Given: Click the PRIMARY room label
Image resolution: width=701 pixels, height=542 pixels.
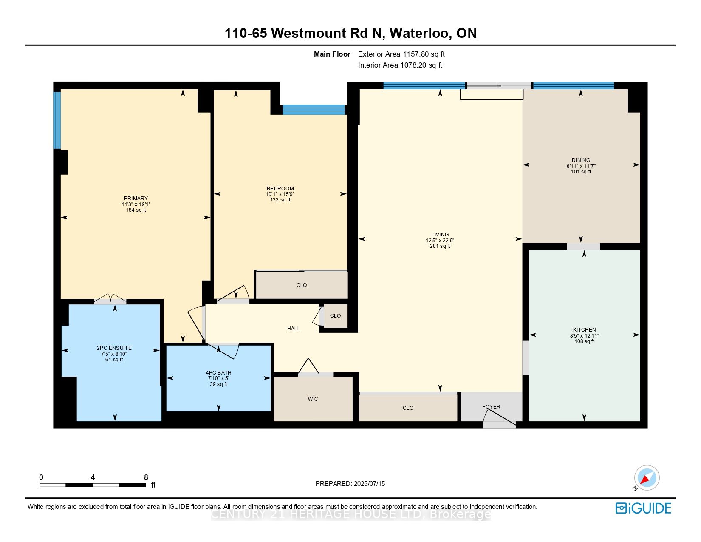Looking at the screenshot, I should point(136,199).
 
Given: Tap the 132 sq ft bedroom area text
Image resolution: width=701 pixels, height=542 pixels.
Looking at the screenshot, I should point(280,200).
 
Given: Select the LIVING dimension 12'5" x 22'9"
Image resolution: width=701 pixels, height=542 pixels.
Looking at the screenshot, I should point(440,241).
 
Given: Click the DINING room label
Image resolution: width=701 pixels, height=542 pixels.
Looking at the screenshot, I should point(581,160).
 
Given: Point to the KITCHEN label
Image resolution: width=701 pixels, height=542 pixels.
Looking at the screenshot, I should point(584,330).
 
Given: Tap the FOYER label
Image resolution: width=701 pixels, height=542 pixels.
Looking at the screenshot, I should point(491,407).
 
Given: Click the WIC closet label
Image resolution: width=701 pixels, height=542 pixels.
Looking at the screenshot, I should point(313,399).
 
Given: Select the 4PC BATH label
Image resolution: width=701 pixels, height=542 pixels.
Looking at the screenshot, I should point(218,373).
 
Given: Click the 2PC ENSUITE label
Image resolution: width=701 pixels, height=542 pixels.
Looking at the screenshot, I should point(114,348).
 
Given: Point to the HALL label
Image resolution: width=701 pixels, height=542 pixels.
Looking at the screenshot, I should point(294,329).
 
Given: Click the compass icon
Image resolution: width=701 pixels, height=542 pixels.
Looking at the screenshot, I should point(647,478).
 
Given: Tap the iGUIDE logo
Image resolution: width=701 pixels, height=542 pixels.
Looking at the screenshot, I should point(643,508).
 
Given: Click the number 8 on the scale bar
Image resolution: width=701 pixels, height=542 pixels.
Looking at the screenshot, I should point(146,477).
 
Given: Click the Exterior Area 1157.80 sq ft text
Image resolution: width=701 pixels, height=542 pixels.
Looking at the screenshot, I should point(401,54).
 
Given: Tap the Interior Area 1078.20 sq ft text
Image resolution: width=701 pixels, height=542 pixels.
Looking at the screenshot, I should point(400,65).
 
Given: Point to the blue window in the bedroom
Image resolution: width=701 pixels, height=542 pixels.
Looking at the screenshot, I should point(314,110).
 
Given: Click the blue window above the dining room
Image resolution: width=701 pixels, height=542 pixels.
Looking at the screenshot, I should point(573,85).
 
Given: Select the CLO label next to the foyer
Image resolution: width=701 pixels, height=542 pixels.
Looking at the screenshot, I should point(408,408).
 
